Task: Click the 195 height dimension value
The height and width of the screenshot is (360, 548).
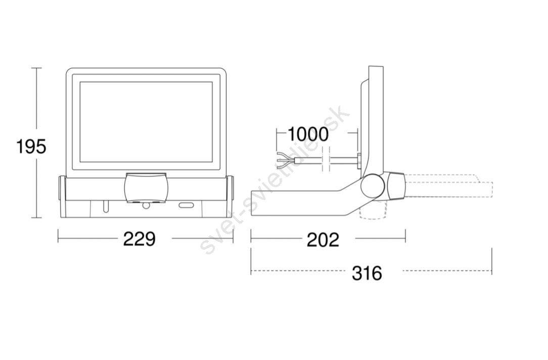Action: coord(31,146)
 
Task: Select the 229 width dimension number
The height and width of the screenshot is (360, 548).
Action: coord(139,240)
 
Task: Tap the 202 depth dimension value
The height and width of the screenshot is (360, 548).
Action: coord(323,240)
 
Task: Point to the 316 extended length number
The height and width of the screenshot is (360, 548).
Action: coord(367,273)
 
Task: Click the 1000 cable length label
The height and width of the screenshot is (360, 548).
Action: coord(308,134)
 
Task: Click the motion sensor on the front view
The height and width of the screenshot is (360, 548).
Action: coord(147,188)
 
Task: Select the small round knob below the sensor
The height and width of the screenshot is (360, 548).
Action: coord(146,206)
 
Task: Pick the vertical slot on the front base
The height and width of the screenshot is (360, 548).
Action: coord(105,206)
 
